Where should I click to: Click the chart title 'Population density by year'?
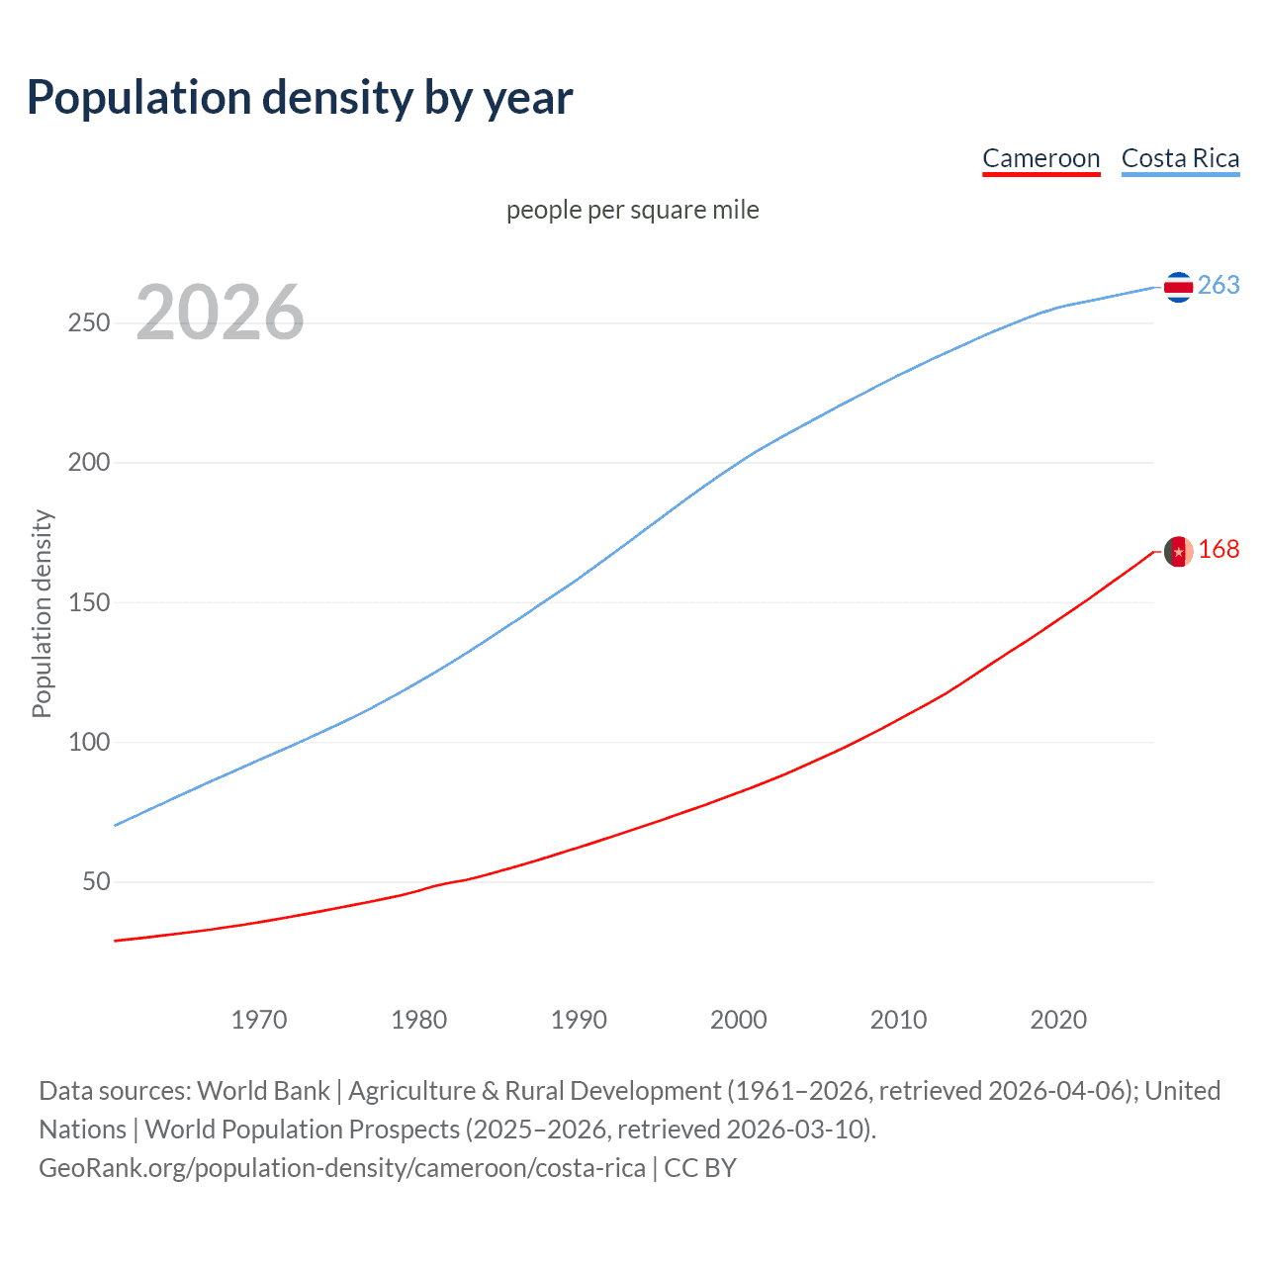(300, 97)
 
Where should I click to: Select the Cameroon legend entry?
(1040, 158)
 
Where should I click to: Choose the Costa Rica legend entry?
(1180, 158)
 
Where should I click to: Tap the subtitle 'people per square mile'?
(633, 210)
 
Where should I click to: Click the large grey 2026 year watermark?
(220, 313)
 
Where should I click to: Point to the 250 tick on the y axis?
(89, 323)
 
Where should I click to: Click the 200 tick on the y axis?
(89, 463)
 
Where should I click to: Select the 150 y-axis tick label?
(89, 602)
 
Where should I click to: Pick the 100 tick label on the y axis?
(89, 742)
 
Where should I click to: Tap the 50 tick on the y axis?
(96, 881)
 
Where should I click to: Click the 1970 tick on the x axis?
(259, 1020)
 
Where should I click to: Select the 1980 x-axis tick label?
(419, 1020)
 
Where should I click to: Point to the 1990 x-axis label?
(579, 1020)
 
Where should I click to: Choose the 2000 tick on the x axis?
(739, 1020)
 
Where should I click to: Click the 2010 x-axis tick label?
(899, 1020)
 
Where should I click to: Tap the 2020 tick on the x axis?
(1058, 1020)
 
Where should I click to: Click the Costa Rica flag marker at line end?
(1178, 287)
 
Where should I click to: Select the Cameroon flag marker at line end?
(1178, 551)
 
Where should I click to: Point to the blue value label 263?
(1219, 285)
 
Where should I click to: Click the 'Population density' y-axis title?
(42, 613)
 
